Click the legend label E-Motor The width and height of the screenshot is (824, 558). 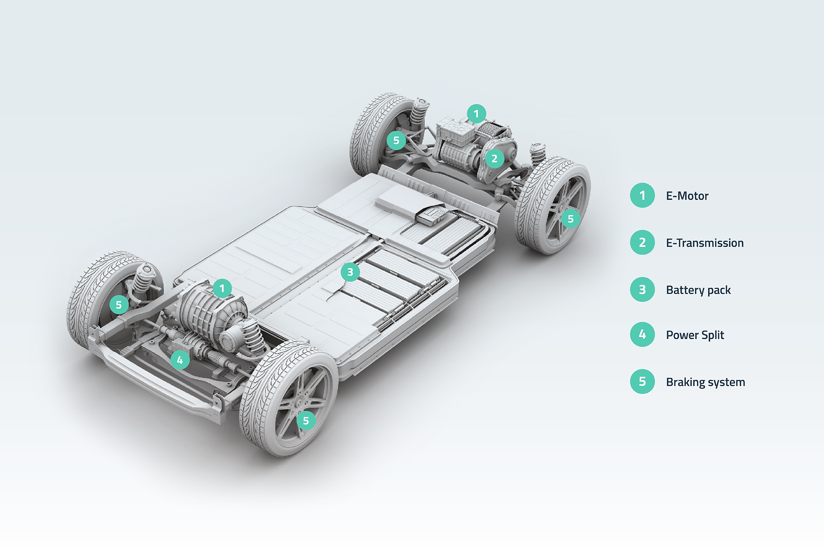coord(687,196)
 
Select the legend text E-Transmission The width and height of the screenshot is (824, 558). coord(705,243)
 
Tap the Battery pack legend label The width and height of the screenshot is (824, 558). coord(698,290)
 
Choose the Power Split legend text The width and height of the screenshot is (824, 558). coord(695,335)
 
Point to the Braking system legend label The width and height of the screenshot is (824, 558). coord(706,382)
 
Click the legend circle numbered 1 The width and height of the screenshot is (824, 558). coord(642,195)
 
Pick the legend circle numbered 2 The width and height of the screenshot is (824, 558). coord(642,243)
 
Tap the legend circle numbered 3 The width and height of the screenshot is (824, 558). coord(642,289)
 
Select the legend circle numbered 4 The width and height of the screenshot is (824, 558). coord(642,334)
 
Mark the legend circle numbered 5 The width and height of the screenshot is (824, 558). coord(642,381)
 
